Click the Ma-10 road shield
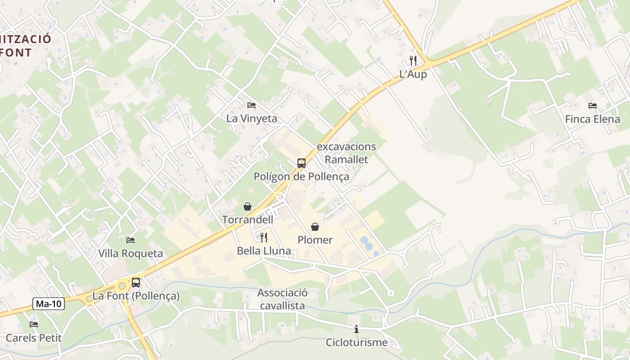point(49,304)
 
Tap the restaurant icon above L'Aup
point(413,60)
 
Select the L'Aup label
point(413,75)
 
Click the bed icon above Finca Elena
point(593,106)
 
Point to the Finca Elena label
point(593,119)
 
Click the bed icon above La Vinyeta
point(252,105)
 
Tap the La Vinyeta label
point(252,119)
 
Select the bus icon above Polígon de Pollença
point(301,163)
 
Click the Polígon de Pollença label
point(301,176)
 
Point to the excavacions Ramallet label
point(346,153)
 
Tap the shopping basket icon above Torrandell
point(247,207)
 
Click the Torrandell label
point(247,220)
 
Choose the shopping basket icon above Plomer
point(315,227)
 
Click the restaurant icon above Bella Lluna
point(264,237)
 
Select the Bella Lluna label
point(264,251)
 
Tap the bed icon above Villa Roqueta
point(130,240)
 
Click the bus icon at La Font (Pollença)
point(135,283)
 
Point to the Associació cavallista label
point(283,299)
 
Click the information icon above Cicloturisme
point(356,329)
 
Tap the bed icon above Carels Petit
point(34,324)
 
